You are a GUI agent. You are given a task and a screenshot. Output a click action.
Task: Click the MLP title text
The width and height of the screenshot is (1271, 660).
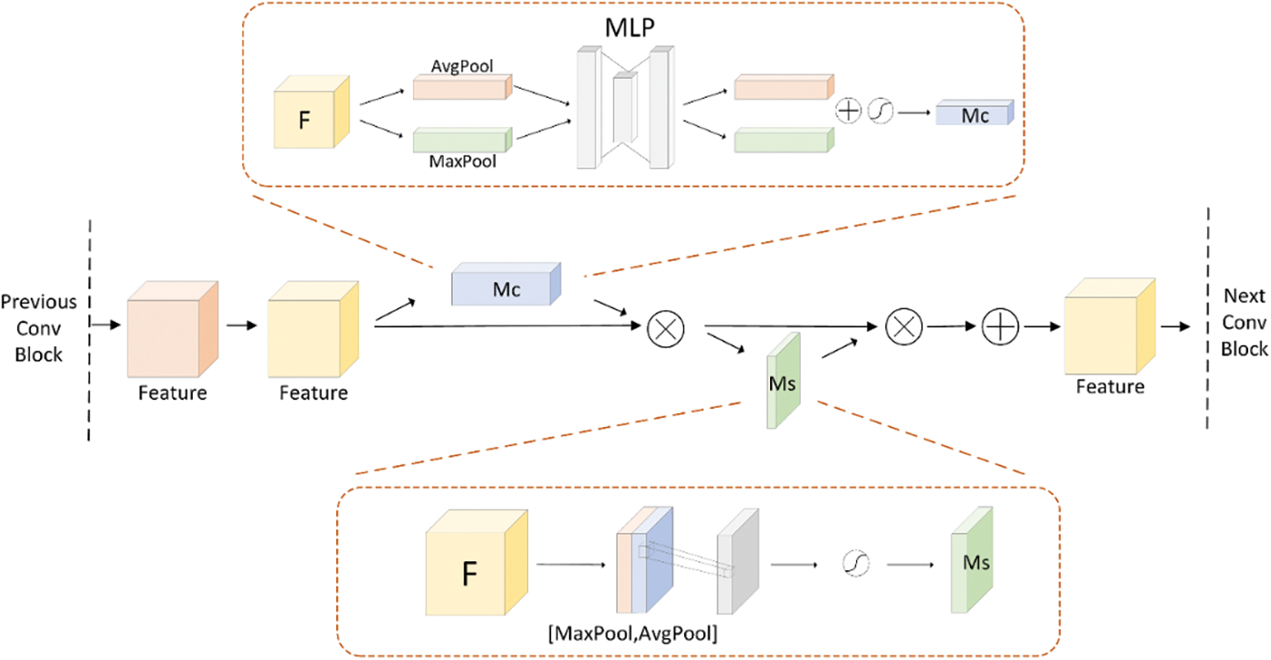[x=630, y=27]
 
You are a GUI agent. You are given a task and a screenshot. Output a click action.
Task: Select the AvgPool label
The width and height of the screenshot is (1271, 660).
[x=462, y=66]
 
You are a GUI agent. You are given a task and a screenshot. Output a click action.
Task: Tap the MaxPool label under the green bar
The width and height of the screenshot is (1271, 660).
[x=463, y=161]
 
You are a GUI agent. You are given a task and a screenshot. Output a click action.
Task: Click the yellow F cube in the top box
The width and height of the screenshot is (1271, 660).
[x=311, y=112]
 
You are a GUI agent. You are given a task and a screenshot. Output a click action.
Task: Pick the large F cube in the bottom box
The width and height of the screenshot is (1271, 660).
[x=477, y=563]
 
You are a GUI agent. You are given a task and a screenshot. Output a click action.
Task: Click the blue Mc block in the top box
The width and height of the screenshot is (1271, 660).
[x=974, y=113]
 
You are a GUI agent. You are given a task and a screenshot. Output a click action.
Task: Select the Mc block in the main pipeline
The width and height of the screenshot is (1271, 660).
[x=506, y=284]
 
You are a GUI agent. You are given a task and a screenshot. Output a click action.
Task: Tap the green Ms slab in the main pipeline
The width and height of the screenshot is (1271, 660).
[x=784, y=380]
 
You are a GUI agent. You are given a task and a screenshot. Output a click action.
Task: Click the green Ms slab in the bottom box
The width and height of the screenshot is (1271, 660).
[x=972, y=560]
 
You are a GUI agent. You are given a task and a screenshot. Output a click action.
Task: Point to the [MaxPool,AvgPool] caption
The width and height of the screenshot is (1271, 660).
[x=633, y=633]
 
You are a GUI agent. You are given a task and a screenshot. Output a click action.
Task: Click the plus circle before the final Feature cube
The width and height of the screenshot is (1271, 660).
[x=1000, y=326]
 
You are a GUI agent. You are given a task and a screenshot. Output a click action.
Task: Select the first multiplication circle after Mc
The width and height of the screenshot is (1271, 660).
[x=665, y=328]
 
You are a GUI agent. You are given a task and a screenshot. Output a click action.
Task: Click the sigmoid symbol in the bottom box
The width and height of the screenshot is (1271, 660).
[x=857, y=563]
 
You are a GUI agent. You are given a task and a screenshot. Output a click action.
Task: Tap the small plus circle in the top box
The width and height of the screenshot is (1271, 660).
[x=848, y=110]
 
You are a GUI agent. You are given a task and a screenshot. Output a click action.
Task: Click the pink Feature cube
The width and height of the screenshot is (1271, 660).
[x=172, y=329]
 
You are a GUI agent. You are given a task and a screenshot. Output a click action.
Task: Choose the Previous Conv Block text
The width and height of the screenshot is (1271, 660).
[x=38, y=328]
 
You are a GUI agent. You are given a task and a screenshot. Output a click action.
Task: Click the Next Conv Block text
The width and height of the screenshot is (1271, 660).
[x=1244, y=322]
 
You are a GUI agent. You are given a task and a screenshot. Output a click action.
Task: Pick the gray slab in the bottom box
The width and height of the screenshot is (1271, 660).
[x=738, y=561]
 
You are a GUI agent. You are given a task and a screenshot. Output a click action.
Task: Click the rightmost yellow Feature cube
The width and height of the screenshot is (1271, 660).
[x=1110, y=326]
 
